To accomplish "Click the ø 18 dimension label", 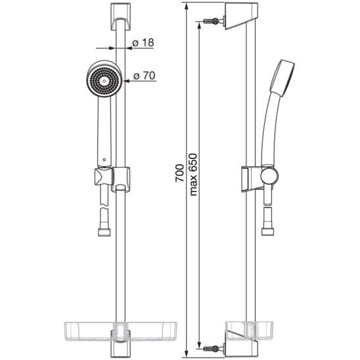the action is click(143, 43).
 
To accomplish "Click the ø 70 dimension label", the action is click(144, 76).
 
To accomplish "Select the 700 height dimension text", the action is click(179, 173).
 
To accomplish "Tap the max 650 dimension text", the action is click(193, 175).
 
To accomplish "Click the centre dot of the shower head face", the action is click(104, 81).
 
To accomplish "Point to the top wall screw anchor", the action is click(214, 21).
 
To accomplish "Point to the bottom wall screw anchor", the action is click(214, 348).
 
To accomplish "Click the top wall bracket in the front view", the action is click(120, 16).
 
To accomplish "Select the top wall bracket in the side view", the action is click(241, 16).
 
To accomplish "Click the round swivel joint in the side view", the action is click(269, 175).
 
